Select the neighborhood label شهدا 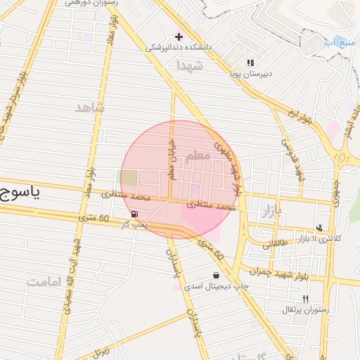[x=191, y=65]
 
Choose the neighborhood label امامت [x=45, y=281]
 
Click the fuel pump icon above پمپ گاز [x=134, y=214]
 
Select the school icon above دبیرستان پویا [x=250, y=63]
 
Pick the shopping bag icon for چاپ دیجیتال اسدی [x=215, y=276]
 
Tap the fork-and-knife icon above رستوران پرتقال [x=304, y=299]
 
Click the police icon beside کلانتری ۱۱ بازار [x=319, y=228]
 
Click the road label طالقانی [x=276, y=244]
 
